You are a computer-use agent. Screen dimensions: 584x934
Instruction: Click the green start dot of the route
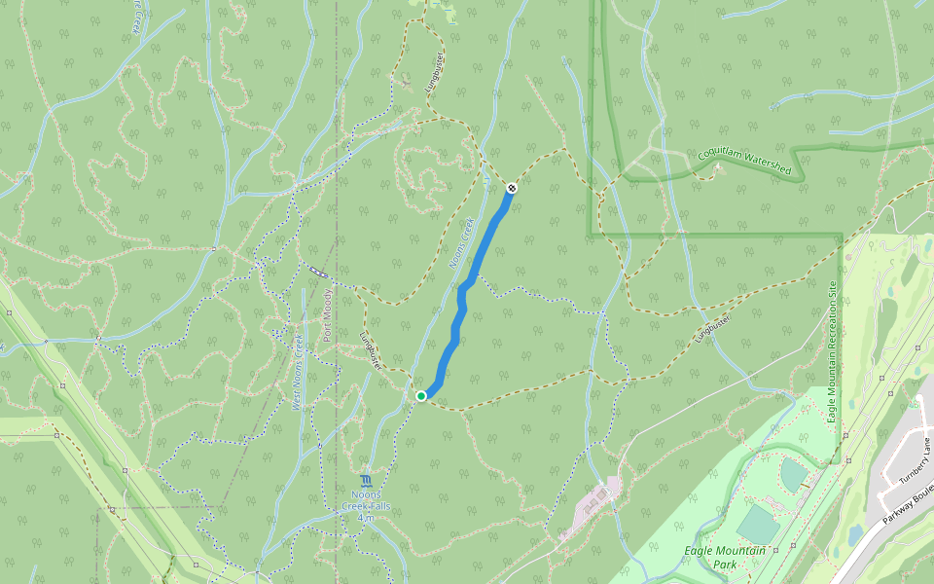coord(421,396)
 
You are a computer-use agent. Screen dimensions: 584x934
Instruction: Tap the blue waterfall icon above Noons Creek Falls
coord(366,482)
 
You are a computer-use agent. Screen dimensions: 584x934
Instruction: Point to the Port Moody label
coord(328,314)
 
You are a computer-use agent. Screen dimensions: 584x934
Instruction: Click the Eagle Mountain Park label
coord(724,557)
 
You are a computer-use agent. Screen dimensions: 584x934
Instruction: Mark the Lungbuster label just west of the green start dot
coord(370,348)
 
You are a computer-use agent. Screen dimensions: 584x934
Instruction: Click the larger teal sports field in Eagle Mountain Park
coord(758,524)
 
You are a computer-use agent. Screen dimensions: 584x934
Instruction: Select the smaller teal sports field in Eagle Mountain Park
coord(793,475)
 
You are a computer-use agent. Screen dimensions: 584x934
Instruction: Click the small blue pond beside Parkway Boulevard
coord(855,535)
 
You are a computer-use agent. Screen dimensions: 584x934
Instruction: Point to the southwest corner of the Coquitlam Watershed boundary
coord(590,235)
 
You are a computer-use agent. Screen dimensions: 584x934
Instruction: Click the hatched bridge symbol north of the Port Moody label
coord(317,272)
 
